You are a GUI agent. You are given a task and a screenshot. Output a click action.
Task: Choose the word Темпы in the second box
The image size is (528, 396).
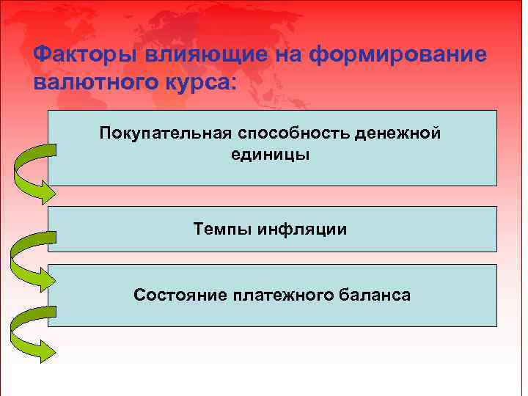221,230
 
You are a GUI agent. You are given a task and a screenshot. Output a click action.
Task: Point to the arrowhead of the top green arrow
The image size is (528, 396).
45,193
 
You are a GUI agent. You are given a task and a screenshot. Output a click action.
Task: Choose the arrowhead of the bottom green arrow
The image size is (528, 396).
45,351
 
